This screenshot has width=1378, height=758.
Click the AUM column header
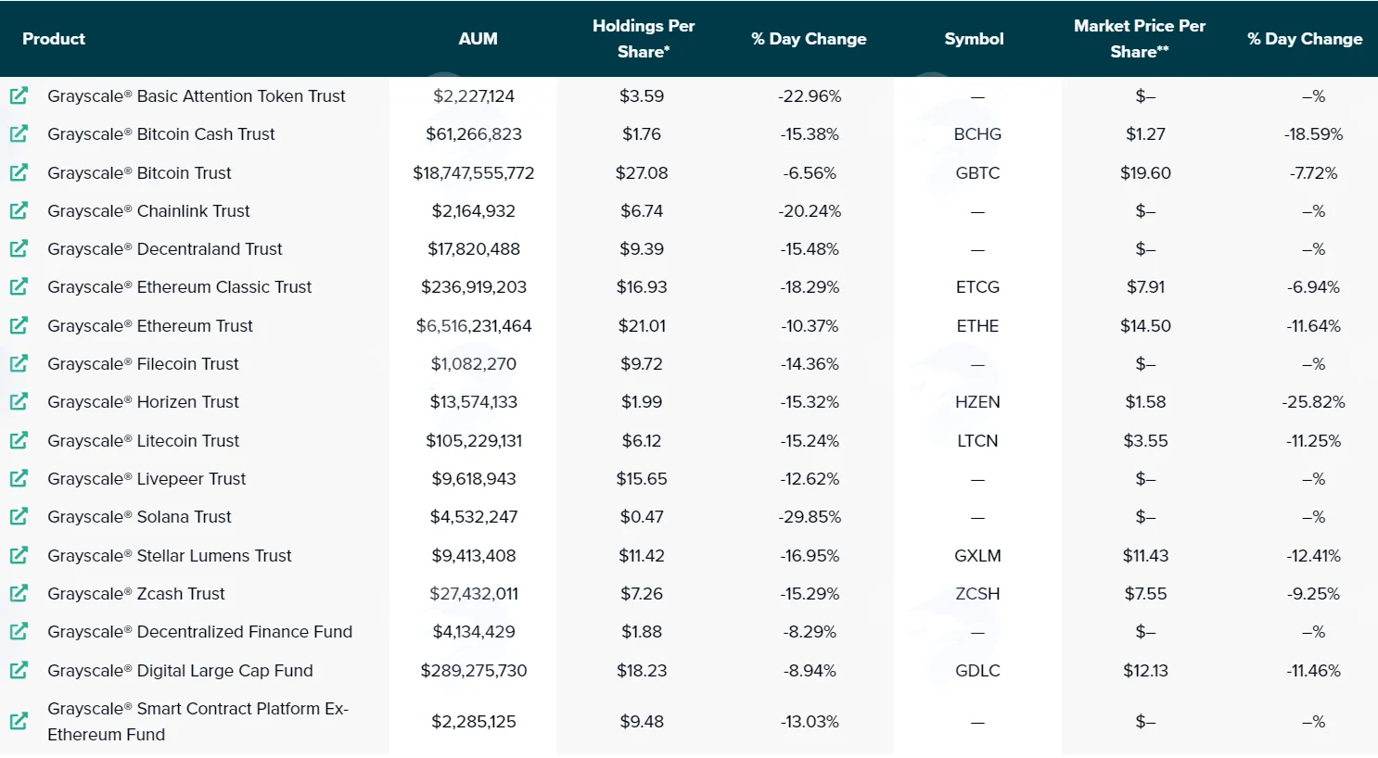[478, 39]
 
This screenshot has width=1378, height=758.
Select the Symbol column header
[974, 39]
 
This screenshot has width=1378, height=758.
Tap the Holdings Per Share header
[644, 39]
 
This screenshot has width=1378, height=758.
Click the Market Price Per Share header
[1140, 39]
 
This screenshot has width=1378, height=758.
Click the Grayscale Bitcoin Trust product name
[139, 172]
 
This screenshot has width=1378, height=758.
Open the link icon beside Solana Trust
[19, 516]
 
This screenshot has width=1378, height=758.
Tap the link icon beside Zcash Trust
[19, 593]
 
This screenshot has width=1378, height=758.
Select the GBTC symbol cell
[977, 172]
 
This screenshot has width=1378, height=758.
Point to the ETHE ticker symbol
[977, 326]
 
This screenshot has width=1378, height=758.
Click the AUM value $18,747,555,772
[473, 172]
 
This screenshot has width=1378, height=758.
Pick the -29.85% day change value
[810, 516]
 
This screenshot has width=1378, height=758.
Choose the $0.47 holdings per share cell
[642, 516]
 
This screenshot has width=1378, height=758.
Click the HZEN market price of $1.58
[1145, 402]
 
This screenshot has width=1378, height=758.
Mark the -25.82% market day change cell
[1313, 402]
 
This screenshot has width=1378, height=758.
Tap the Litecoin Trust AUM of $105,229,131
[474, 441]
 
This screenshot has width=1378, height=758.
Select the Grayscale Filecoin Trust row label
[143, 364]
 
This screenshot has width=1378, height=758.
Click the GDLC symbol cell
[977, 671]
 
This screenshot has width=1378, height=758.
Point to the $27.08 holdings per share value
[642, 172]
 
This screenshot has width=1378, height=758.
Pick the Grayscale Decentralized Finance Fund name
[200, 632]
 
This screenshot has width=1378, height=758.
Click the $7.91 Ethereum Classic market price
[1145, 287]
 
